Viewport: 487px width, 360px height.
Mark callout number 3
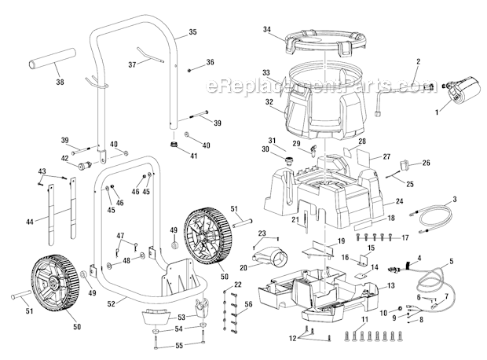tap(454, 201)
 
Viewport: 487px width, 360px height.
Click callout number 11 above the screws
tap(364, 321)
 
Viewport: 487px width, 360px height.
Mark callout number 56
tap(248, 303)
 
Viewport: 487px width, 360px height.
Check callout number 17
tap(406, 237)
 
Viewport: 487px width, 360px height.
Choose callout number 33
tap(266, 71)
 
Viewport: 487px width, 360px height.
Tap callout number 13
tap(390, 285)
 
